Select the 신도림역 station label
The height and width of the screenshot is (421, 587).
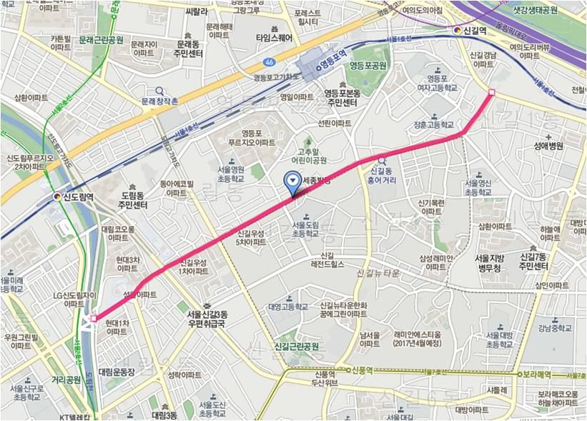coord(74,195)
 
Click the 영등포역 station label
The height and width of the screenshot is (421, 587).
coord(332,64)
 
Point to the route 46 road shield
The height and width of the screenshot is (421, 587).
coord(267,61)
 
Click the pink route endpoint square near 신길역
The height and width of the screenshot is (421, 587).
coord(491,92)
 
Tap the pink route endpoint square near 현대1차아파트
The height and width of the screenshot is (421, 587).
coord(94,319)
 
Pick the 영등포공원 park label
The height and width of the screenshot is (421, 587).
coord(368,65)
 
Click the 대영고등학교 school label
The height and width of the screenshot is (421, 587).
coord(288,307)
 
